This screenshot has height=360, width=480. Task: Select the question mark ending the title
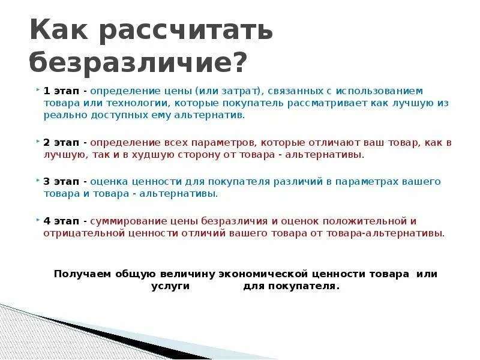click(x=239, y=62)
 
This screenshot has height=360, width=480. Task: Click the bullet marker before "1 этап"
click(x=39, y=91)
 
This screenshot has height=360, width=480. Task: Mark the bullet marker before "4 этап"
click(x=39, y=221)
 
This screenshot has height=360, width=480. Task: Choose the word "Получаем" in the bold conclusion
click(x=80, y=274)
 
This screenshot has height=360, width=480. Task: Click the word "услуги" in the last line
click(x=170, y=286)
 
